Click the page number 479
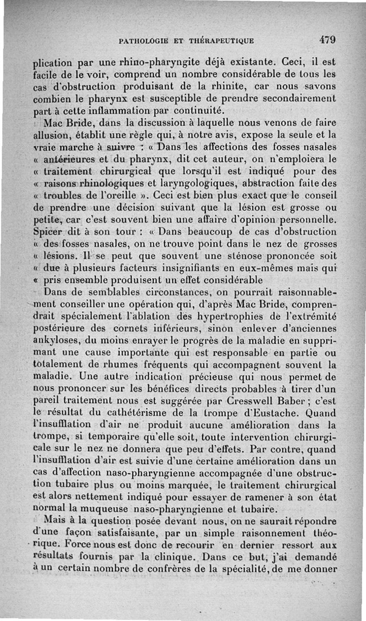coord(328,40)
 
